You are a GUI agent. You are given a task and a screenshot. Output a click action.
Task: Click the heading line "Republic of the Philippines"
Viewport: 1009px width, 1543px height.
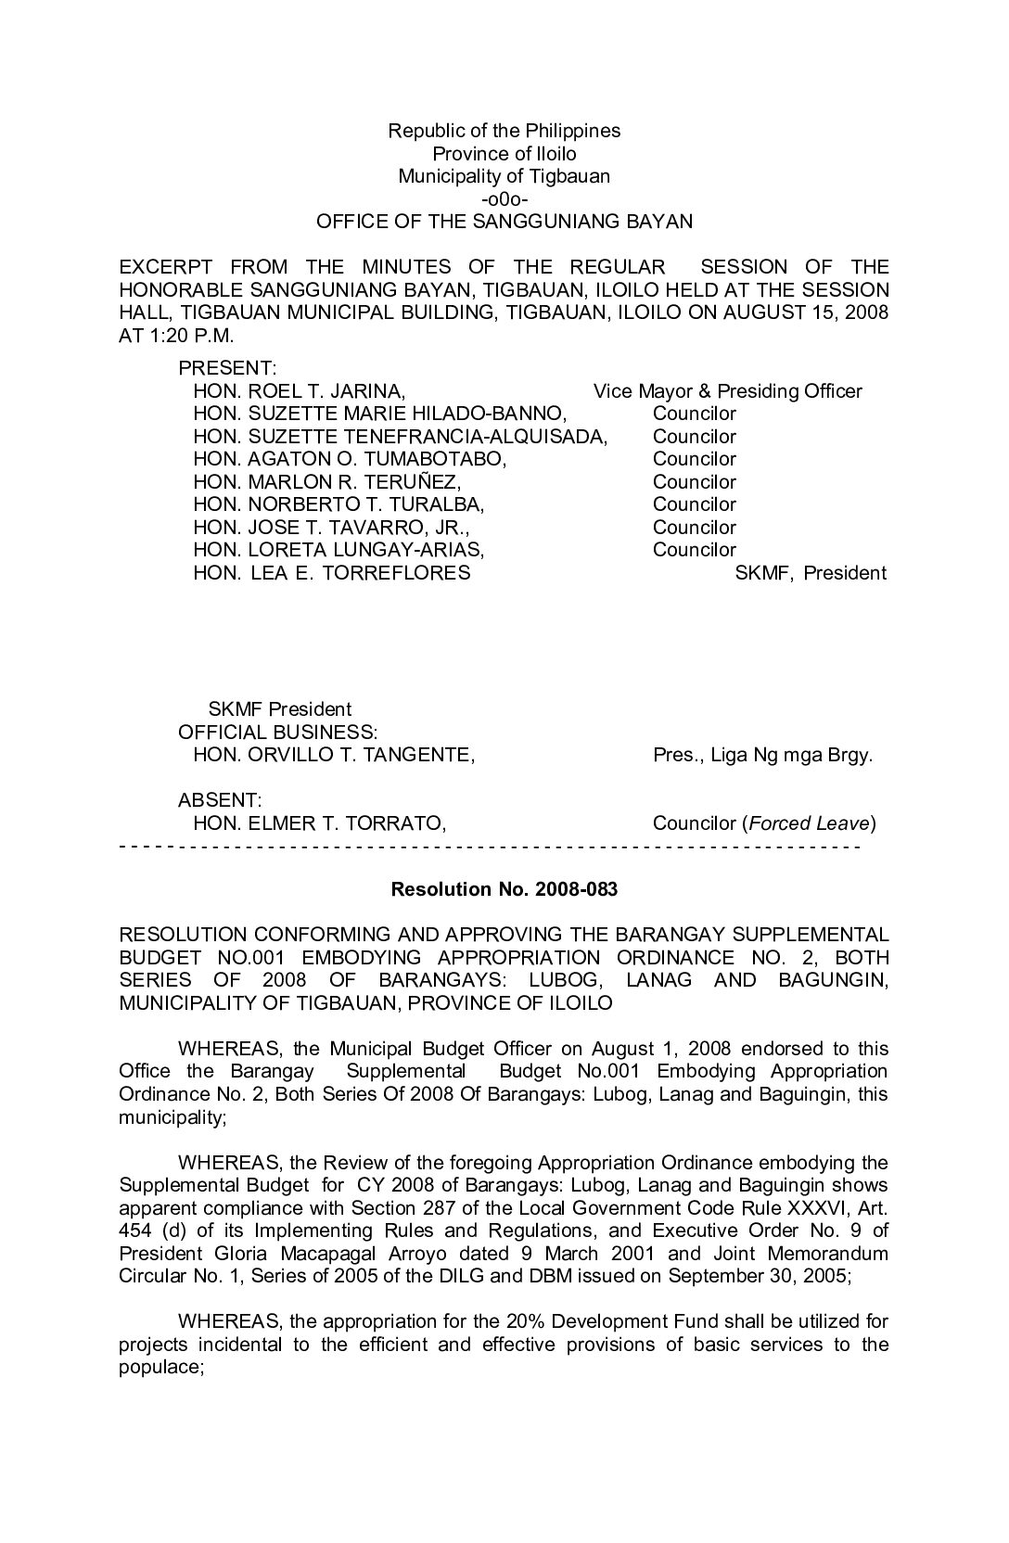coord(504,131)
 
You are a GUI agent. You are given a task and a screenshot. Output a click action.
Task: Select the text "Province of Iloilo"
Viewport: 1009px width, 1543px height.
coord(504,154)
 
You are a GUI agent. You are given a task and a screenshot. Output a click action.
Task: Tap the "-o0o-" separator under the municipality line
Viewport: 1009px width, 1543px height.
coord(504,199)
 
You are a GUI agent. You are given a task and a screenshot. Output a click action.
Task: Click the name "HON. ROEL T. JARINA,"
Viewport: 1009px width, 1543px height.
coord(299,391)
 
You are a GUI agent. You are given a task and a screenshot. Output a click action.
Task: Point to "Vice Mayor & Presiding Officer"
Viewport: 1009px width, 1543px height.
coord(727,391)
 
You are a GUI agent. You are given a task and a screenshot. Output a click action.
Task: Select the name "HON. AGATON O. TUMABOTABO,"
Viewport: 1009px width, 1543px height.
coord(350,459)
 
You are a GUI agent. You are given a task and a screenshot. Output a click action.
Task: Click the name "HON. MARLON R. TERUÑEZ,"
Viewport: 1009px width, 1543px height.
coord(326,482)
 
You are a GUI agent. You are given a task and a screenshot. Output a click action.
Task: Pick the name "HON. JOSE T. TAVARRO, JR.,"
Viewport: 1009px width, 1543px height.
coord(331,528)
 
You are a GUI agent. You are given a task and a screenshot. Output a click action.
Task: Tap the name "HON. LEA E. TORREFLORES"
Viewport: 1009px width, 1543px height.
coord(331,573)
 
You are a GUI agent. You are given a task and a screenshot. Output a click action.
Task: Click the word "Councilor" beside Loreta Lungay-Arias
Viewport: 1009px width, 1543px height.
coord(694,550)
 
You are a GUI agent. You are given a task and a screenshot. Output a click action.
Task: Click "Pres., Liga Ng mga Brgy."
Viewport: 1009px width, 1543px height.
coord(762,755)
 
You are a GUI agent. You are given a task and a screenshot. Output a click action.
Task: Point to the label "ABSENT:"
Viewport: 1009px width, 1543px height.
coord(220,800)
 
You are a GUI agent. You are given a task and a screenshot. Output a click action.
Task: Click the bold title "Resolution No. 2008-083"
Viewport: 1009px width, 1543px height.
coord(504,890)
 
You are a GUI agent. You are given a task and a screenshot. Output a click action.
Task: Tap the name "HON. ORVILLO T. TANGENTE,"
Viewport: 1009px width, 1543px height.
coord(334,755)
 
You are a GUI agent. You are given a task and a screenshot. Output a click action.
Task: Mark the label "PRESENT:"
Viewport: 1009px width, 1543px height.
coord(227,369)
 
